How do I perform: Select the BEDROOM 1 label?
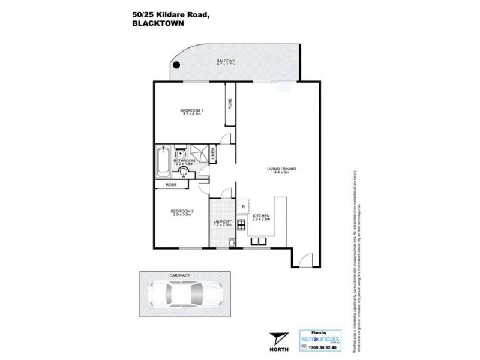(192, 110)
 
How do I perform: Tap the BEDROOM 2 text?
(181, 211)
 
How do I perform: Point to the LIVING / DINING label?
(281, 170)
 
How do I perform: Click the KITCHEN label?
(260, 215)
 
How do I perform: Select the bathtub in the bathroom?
(163, 161)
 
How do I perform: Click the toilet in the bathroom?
(181, 154)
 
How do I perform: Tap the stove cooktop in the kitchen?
(242, 226)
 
